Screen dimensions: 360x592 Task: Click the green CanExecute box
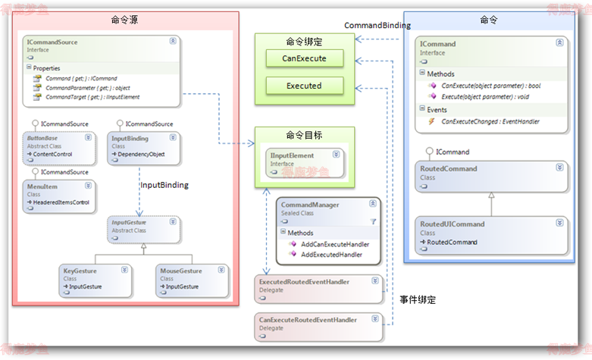pyautogui.click(x=304, y=58)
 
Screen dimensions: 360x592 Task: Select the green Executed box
pyautogui.click(x=304, y=86)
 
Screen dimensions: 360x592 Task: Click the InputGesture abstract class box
pyautogui.click(x=144, y=230)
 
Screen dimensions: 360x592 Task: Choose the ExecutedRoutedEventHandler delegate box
pyautogui.click(x=318, y=289)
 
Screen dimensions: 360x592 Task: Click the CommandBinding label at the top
pyautogui.click(x=377, y=25)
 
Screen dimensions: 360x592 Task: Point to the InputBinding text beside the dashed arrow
pyautogui.click(x=164, y=185)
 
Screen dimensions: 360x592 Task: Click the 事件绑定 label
pyautogui.click(x=418, y=300)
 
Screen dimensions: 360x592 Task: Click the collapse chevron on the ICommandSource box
pyautogui.click(x=173, y=41)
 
